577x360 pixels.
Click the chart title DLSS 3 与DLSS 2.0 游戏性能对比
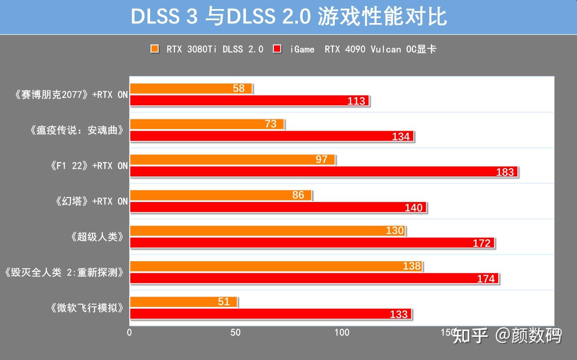pos(288,17)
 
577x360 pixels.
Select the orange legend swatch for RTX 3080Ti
pos(155,49)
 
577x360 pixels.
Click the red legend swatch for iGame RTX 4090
pos(278,49)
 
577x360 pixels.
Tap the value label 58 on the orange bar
pos(239,88)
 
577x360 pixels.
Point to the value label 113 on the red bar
pos(356,101)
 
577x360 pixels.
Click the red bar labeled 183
pos(324,172)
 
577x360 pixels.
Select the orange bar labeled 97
pos(232,160)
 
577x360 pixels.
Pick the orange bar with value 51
pos(183,302)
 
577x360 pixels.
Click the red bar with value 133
pos(271,314)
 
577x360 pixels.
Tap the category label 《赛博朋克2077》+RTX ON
pos(70,95)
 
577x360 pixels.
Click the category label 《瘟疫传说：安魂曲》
pos(76,130)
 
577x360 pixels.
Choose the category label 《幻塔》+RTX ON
pos(91,201)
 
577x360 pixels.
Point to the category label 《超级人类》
pos(97,237)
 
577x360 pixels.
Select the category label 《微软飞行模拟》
pos(87,308)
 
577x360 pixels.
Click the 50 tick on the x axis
pos(236,332)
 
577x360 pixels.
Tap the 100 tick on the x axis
pos(342,332)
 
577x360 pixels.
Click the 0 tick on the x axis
pos(130,332)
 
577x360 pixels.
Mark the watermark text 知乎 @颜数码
pos(507,335)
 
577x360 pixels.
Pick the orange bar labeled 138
pos(276,266)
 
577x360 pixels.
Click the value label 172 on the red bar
pos(481,243)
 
